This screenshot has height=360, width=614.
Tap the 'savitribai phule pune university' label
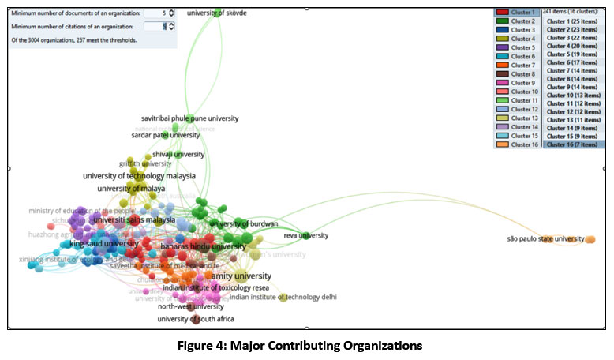[189, 118]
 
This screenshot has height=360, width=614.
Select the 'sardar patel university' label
[165, 135]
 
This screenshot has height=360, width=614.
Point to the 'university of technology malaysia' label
[139, 176]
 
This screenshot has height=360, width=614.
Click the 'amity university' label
[241, 276]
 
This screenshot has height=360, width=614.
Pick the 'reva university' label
[305, 235]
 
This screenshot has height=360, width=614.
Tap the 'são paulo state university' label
[545, 238]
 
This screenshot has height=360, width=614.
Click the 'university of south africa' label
[195, 319]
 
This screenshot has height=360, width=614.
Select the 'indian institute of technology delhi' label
[283, 298]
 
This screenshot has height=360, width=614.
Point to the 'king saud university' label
[103, 244]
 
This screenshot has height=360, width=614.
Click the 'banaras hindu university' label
[203, 246]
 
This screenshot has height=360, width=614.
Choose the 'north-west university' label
[192, 306]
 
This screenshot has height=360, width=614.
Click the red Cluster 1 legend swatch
[502, 13]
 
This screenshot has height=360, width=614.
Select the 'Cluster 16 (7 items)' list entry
[572, 144]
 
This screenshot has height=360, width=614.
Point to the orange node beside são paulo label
[590, 239]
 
